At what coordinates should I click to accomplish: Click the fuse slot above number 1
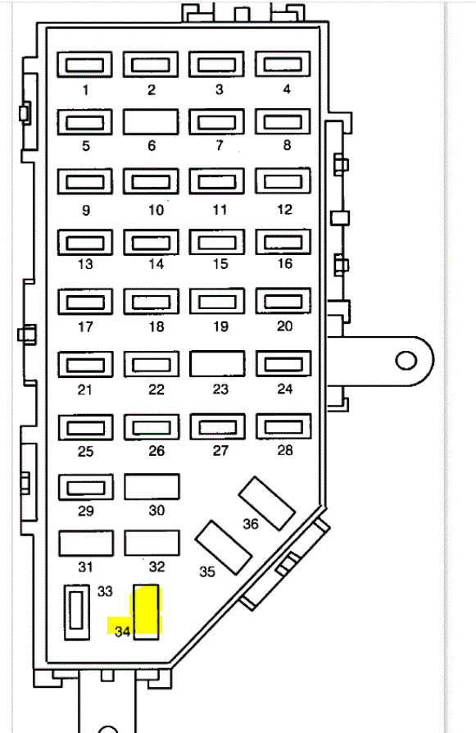tap(84, 65)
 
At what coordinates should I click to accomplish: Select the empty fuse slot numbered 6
tap(151, 122)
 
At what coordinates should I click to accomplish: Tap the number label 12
tap(284, 209)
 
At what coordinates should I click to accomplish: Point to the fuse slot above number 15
tap(217, 242)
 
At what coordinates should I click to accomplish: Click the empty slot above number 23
tap(217, 364)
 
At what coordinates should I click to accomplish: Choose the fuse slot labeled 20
tap(283, 301)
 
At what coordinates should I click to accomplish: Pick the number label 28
tap(285, 450)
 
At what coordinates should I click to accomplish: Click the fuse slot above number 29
tap(86, 487)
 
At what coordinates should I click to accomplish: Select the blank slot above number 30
tap(152, 487)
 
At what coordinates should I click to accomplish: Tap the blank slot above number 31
tap(86, 544)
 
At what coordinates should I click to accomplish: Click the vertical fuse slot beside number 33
tap(77, 612)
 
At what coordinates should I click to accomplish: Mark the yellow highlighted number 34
tap(122, 631)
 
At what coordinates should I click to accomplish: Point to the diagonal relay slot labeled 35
tap(224, 548)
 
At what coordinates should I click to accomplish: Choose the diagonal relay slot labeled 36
tap(267, 503)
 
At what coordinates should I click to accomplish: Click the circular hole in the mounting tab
tap(406, 361)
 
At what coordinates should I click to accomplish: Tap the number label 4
tap(287, 89)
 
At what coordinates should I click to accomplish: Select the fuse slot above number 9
tap(85, 181)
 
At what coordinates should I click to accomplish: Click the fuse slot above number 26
tap(152, 427)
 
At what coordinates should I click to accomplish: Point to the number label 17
tap(85, 326)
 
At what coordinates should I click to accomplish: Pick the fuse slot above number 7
tap(217, 122)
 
